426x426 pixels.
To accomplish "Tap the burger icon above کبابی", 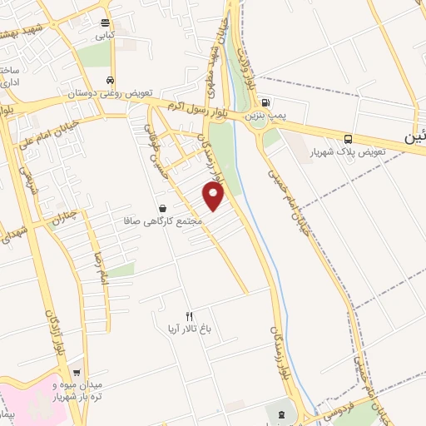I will pyautogui.click(x=105, y=23).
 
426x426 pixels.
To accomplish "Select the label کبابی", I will pyautogui.click(x=105, y=36).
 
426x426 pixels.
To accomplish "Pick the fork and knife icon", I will pyautogui.click(x=189, y=315).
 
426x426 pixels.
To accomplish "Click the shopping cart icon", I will pyautogui.click(x=77, y=373).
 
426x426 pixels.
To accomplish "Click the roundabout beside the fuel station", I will pyautogui.click(x=250, y=117).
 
